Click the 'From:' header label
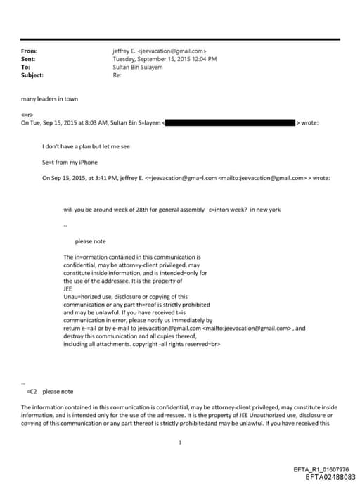pos(30,51)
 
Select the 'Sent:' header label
pos(29,59)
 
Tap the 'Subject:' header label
pos(32,75)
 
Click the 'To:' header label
pos(26,68)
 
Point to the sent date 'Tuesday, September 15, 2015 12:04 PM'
pos(165,59)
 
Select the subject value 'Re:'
pos(117,75)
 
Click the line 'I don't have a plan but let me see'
pos(86,146)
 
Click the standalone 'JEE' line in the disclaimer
pos(67,288)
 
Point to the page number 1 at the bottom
pos(180,442)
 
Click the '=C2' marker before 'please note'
pos(31,391)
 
